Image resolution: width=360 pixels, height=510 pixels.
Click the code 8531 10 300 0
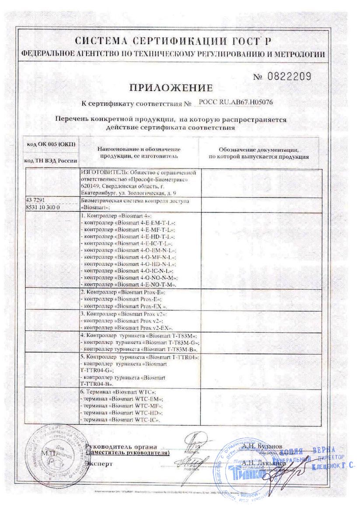coord(43,206)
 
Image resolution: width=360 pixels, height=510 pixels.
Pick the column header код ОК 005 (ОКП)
coord(51,145)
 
